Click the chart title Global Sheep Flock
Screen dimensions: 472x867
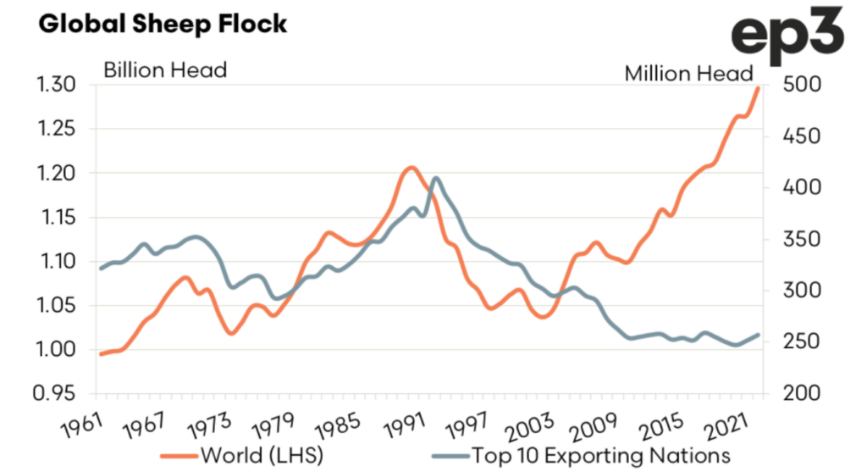(x=163, y=23)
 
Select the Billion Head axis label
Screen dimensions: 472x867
(x=165, y=69)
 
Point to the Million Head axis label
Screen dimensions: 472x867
(x=688, y=73)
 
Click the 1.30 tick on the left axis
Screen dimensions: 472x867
(x=58, y=85)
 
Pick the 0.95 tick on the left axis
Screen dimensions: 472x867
(x=58, y=393)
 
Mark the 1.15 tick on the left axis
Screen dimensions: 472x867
(x=58, y=217)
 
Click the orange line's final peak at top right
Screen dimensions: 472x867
(x=758, y=87)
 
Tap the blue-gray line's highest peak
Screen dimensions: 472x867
(x=435, y=178)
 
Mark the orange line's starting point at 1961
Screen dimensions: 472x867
(x=101, y=353)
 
